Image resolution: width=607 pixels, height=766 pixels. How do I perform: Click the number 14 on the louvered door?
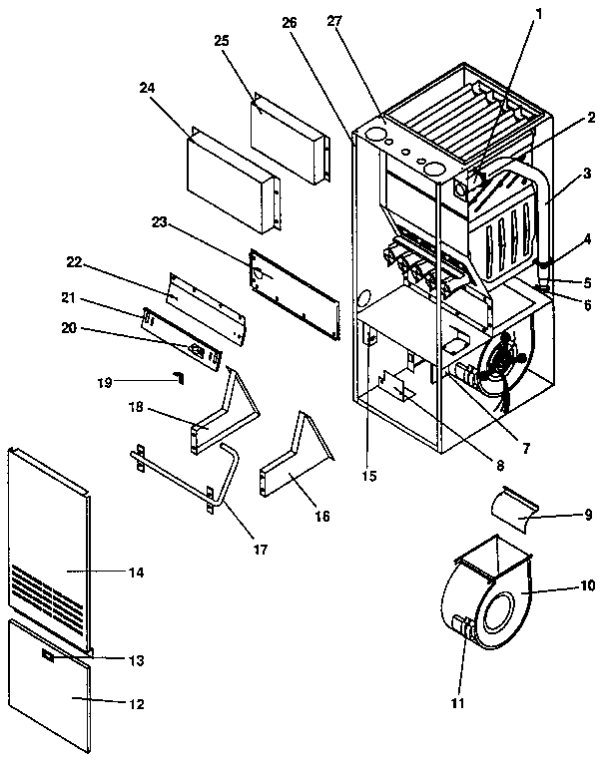point(136,573)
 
